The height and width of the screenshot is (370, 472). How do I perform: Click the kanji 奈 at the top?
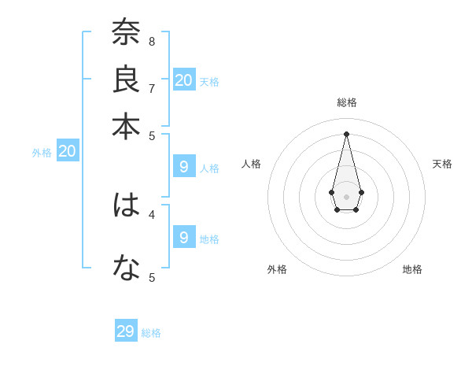[x=126, y=33]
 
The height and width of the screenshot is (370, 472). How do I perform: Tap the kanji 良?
[x=126, y=80]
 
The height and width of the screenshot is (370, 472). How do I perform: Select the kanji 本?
[x=126, y=126]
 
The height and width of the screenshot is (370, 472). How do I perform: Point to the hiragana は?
[x=126, y=205]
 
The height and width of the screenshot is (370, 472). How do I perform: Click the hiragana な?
[x=126, y=268]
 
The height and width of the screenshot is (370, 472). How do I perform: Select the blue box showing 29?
[x=126, y=331]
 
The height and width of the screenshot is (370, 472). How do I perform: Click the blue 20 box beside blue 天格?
[x=184, y=80]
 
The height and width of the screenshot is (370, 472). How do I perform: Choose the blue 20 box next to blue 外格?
[x=68, y=152]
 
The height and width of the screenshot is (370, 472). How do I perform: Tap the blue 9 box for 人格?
[x=184, y=167]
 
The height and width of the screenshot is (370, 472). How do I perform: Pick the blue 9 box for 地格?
[x=184, y=237]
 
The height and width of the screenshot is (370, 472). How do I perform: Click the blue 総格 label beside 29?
[x=151, y=333]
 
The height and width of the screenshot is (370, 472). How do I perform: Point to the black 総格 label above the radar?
[x=347, y=102]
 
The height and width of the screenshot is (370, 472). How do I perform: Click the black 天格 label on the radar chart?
[x=442, y=164]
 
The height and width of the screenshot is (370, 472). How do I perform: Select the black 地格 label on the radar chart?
[x=412, y=269]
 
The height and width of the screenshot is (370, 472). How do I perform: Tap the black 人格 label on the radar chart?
[x=252, y=164]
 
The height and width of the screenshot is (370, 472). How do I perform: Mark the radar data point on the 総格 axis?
[x=347, y=133]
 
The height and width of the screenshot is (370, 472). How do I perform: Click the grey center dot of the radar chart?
[x=347, y=196]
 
